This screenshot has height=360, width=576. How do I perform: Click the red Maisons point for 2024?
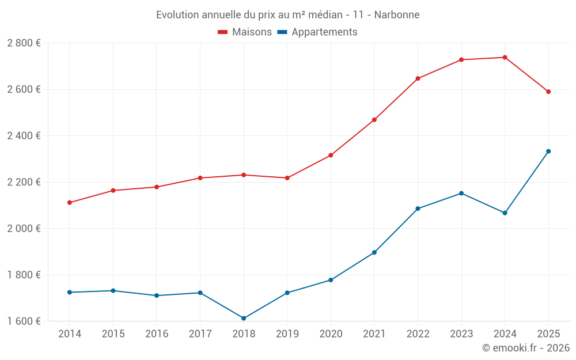pos(505,57)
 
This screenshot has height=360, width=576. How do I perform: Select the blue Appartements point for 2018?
pos(244,318)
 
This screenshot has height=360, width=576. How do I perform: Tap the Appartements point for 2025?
pos(548,151)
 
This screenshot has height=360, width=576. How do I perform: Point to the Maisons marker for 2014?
pos(70,203)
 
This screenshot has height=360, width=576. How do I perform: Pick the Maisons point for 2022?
pos(418,78)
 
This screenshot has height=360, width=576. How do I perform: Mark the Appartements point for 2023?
pos(461,193)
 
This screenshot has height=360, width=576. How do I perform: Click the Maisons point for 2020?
pos(331,155)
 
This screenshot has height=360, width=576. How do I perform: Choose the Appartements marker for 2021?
pos(374,252)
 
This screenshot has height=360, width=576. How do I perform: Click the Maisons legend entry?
pos(245,32)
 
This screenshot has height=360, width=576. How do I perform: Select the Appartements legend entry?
pos(317,32)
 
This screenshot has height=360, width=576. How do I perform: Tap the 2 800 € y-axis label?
pos(24,43)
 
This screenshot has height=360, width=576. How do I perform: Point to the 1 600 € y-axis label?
pos(24,321)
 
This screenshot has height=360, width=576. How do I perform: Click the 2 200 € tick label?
pos(24,182)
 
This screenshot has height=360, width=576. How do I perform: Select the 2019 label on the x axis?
pos(287,334)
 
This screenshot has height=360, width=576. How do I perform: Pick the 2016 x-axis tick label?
pos(157,334)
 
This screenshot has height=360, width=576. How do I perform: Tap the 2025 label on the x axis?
pos(548,334)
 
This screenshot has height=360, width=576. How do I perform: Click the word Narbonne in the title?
pos(397,14)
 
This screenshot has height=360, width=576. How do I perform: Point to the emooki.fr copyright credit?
pos(525,348)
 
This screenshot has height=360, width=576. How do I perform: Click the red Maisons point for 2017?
pos(200,178)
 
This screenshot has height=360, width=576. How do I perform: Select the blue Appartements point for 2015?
pos(113,291)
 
